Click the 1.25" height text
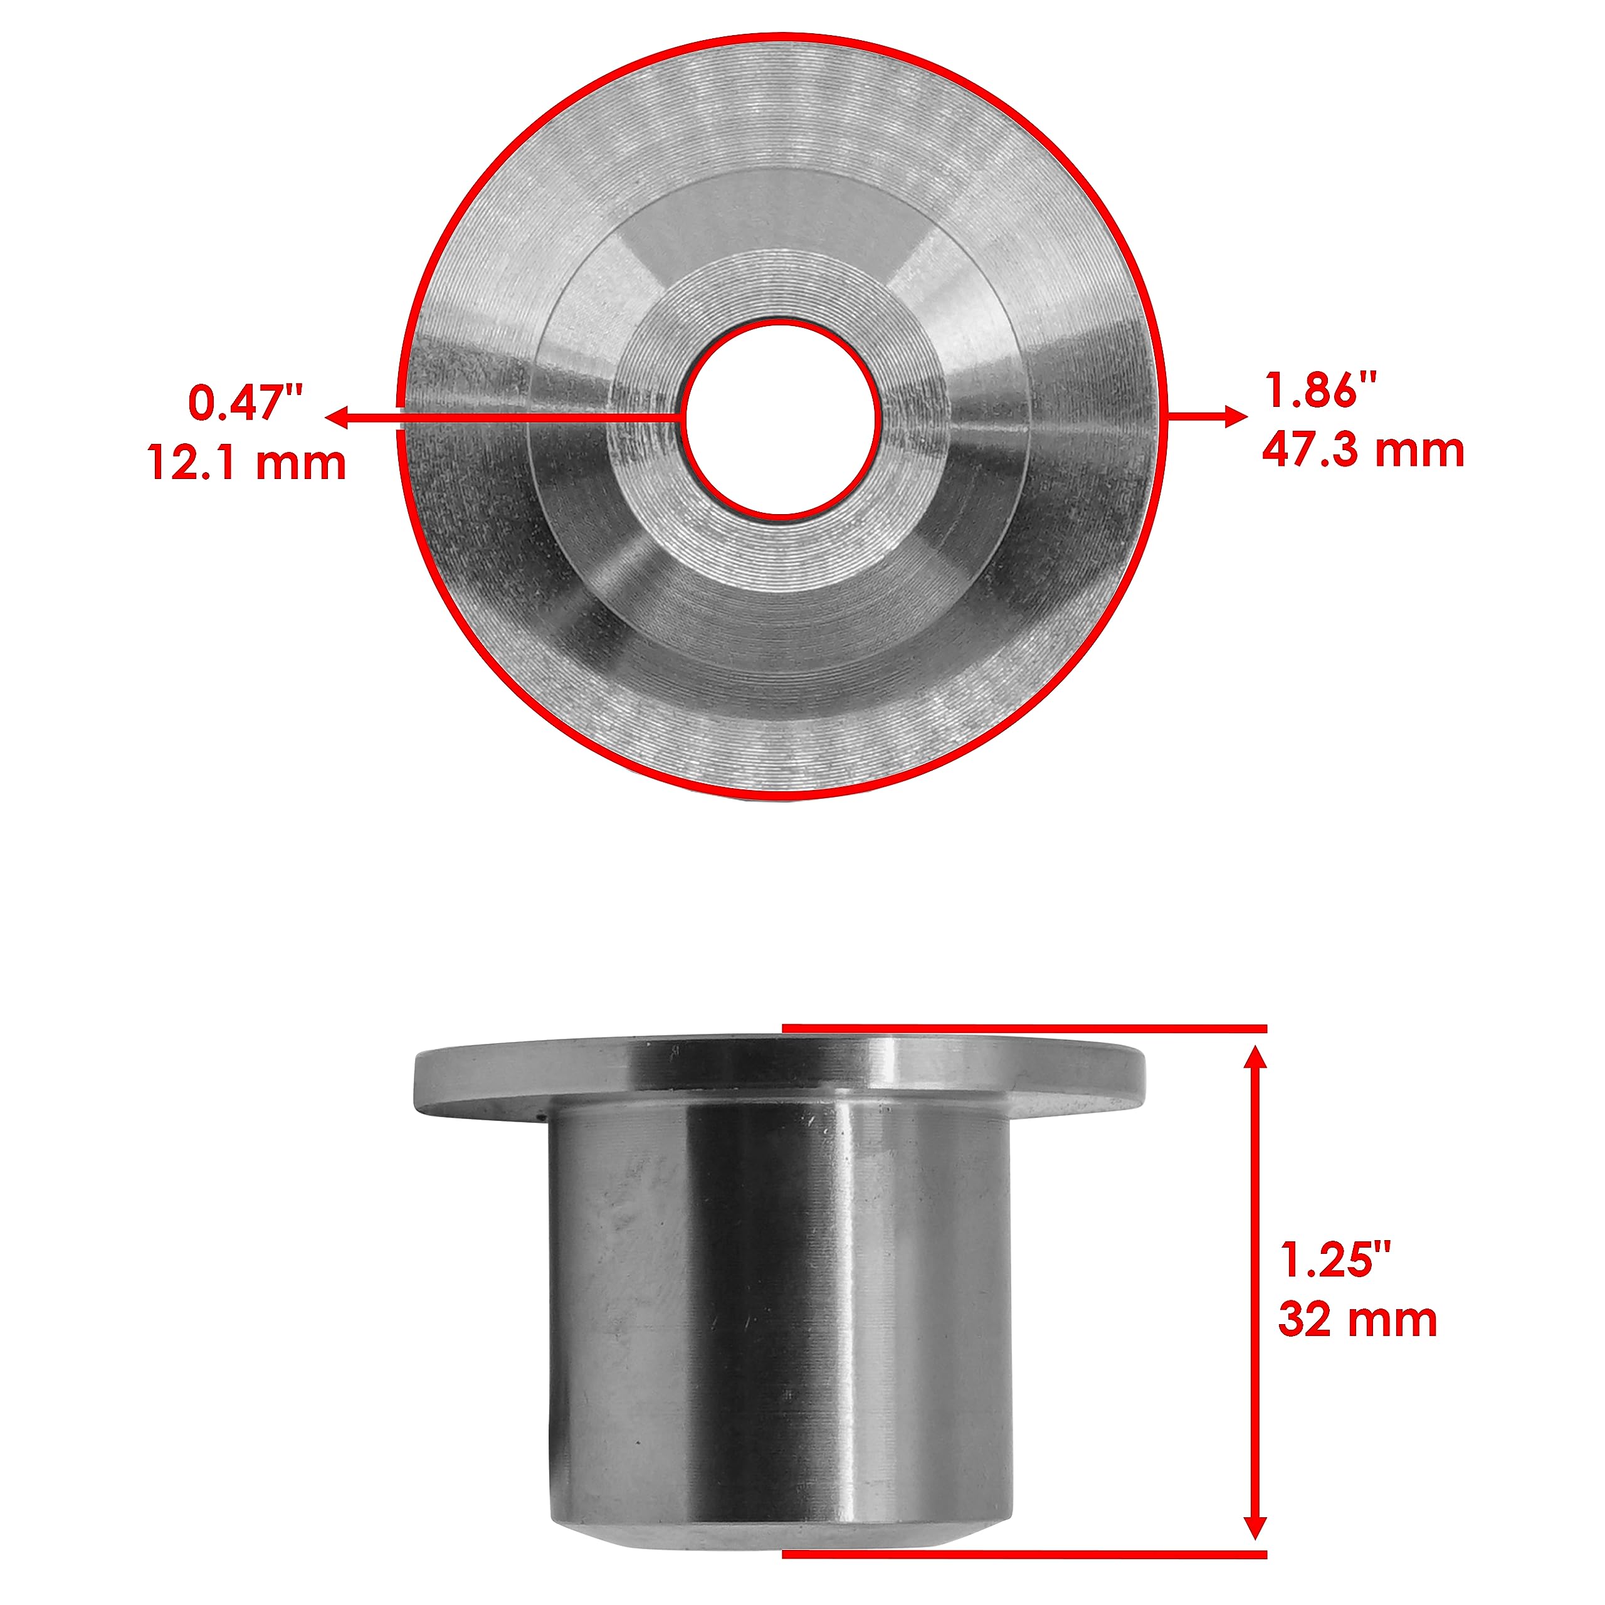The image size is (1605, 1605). (1334, 1260)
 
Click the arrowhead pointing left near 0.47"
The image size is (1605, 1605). (335, 418)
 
